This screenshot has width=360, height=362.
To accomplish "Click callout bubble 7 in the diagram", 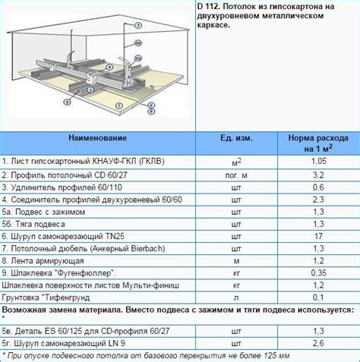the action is coord(138,25).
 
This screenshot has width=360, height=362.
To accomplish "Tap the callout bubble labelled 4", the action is coord(109,68).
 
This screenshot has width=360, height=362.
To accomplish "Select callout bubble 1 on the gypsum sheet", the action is coord(119,105).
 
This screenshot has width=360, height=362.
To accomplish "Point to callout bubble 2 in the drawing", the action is coord(90,90).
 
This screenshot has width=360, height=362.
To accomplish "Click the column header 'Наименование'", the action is coord(98,138).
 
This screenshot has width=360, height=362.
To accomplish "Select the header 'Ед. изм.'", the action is coord(236,138).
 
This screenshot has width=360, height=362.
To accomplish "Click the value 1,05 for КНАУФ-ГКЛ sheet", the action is coord(318,161).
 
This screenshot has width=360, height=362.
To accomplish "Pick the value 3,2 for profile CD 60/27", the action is coord(318,175).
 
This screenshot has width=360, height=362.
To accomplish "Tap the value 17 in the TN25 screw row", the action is coord(318,236).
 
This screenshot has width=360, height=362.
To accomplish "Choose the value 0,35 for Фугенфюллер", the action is coord(318,273).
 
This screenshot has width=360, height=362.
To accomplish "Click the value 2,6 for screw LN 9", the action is coord(318,343).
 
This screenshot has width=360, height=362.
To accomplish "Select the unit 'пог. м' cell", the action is coord(236,175).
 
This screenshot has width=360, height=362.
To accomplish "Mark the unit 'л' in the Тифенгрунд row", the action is coord(236,297).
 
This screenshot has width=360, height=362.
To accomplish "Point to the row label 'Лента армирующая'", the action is coord(47,261).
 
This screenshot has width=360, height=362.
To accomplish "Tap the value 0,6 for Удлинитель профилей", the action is coord(318,187).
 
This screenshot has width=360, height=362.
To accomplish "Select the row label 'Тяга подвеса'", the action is coord(40,224).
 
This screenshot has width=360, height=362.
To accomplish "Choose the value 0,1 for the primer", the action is coord(318,297).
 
